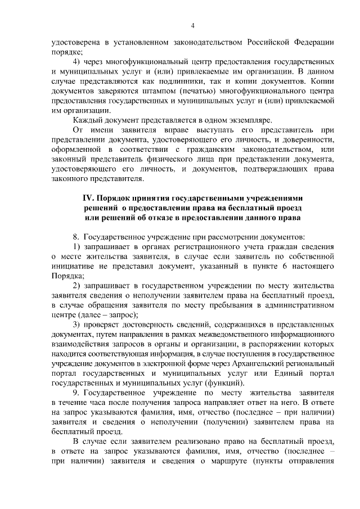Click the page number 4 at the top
click(192, 26)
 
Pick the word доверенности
click(307, 141)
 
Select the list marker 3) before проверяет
click(77, 325)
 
